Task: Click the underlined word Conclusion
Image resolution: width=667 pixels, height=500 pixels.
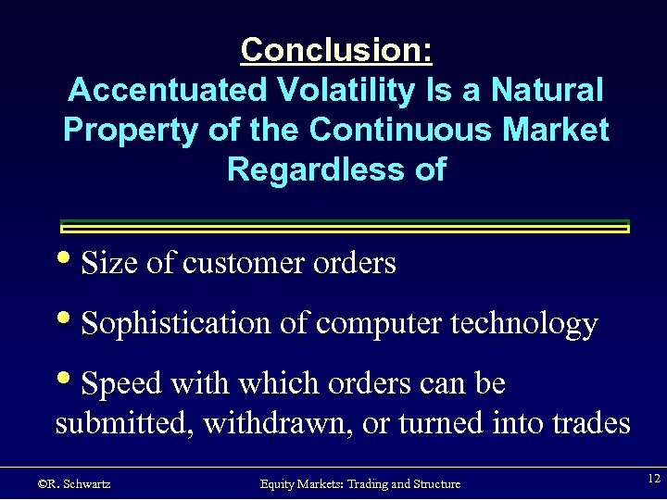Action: click(335, 50)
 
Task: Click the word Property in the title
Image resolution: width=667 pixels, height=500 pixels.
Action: click(132, 131)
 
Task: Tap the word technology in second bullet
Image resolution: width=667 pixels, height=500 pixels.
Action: click(527, 324)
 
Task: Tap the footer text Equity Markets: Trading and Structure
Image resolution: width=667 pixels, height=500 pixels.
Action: click(359, 483)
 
